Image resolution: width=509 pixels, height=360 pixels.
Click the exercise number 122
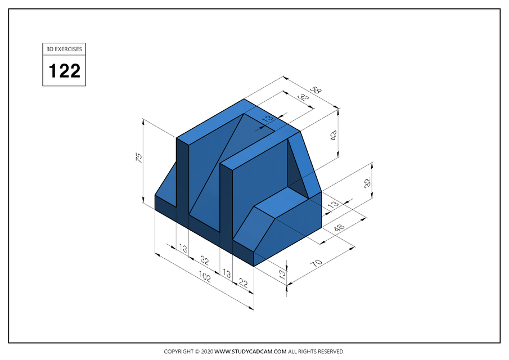coord(64,71)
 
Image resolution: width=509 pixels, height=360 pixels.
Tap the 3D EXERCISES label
coord(64,49)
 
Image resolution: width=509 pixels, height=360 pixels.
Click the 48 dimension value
coord(340,229)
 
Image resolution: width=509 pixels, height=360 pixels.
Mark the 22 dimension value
coord(244,283)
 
